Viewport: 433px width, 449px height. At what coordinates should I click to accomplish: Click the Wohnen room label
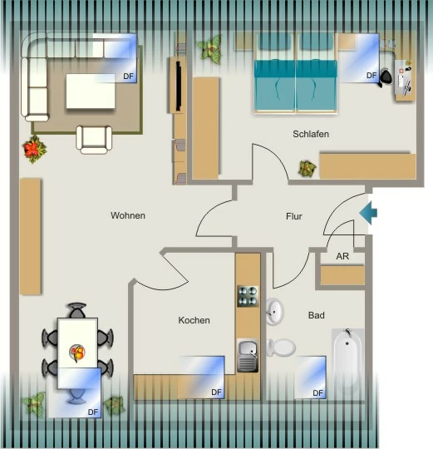pyautogui.click(x=128, y=215)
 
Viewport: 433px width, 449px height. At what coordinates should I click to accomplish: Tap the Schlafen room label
pyautogui.click(x=311, y=134)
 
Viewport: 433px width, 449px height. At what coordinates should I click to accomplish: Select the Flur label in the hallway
pyautogui.click(x=294, y=216)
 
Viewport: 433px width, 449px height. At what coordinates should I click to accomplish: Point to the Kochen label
pyautogui.click(x=194, y=320)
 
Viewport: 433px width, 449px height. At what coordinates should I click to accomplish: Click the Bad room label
pyautogui.click(x=317, y=315)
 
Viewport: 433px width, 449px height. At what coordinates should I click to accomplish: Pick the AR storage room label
pyautogui.click(x=342, y=256)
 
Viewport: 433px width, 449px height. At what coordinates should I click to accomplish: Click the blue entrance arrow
pyautogui.click(x=368, y=213)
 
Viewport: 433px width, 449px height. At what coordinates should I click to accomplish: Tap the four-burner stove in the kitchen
pyautogui.click(x=248, y=296)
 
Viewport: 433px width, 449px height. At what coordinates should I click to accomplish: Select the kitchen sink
pyautogui.click(x=248, y=355)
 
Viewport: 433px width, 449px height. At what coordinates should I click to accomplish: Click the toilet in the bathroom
pyautogui.click(x=281, y=348)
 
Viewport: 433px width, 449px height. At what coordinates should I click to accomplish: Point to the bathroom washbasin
pyautogui.click(x=275, y=312)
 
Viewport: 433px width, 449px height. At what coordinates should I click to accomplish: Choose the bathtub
pyautogui.click(x=347, y=358)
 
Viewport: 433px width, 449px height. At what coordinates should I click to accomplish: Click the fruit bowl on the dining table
pyautogui.click(x=77, y=353)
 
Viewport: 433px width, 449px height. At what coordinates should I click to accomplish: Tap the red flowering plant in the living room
pyautogui.click(x=34, y=150)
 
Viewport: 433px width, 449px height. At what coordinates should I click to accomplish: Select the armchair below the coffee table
pyautogui.click(x=94, y=140)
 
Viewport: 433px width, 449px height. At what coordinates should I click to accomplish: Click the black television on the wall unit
pyautogui.click(x=179, y=86)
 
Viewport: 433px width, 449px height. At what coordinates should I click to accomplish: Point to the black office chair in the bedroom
pyautogui.click(x=385, y=76)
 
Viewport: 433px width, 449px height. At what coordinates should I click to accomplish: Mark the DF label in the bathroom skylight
pyautogui.click(x=317, y=393)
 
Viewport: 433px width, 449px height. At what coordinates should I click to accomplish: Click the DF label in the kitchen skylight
pyautogui.click(x=216, y=392)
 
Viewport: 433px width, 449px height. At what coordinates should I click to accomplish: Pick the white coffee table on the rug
pyautogui.click(x=91, y=91)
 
